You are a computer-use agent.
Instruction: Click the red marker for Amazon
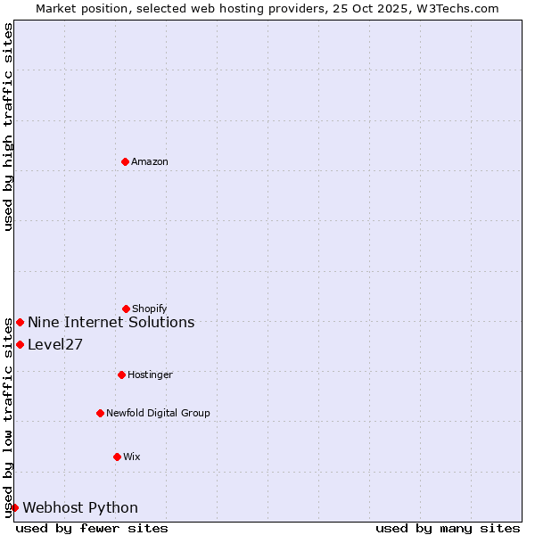coord(125,161)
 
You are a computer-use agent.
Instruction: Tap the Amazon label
coord(150,161)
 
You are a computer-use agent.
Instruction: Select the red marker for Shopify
coord(126,309)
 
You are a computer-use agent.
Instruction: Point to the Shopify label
coord(150,309)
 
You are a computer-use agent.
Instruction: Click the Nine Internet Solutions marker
coord(20,322)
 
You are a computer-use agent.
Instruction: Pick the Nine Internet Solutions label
coord(111,322)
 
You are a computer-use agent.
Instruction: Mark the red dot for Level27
coord(20,344)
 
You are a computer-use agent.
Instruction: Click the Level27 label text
coord(55,345)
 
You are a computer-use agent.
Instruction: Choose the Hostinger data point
coord(121,374)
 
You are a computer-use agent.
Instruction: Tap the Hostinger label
coord(150,374)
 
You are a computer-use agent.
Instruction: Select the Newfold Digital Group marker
coord(100,413)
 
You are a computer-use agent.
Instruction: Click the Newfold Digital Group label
coord(158,413)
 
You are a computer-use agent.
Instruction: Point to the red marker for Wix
coord(117,457)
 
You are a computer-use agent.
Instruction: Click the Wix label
coord(132,457)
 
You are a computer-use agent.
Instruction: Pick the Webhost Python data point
coord(14,507)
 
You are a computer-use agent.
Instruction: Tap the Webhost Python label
coord(80,508)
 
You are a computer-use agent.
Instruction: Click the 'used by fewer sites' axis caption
coord(92,528)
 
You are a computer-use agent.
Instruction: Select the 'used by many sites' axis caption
coord(448,528)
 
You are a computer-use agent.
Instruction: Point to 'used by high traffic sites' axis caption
coord(9,127)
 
